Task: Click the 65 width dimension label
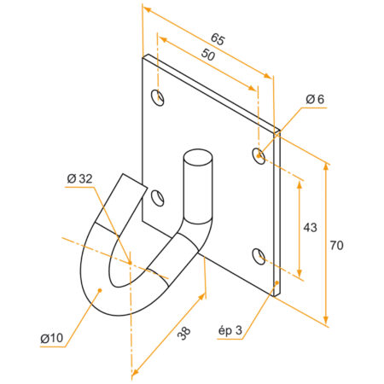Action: pos(217,39)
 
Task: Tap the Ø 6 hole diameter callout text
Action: pos(315,100)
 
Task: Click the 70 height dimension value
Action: pos(339,245)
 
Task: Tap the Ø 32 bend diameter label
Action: pos(79,178)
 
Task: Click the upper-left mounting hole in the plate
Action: pos(158,96)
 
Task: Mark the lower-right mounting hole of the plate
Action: pos(259,254)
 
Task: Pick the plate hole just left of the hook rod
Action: pos(158,198)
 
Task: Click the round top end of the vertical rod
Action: pos(197,158)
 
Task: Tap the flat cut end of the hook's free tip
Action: pos(131,183)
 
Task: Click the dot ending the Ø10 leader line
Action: pos(101,290)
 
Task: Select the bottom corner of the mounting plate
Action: pos(273,295)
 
